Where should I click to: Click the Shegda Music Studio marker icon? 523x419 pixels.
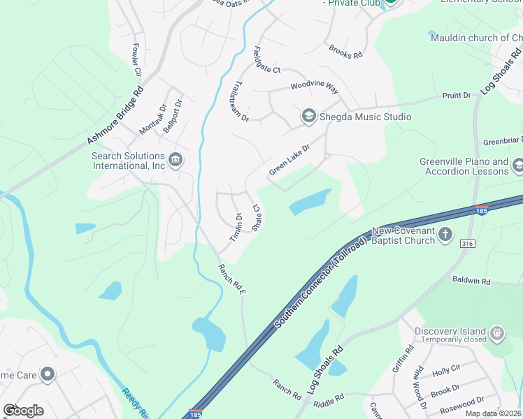tap(308, 116)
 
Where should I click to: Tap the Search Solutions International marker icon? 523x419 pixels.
tap(175, 161)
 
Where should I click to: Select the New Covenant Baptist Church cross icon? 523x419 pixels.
tap(445, 235)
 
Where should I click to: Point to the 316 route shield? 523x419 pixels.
tap(468, 243)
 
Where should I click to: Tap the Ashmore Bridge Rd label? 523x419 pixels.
tap(116, 116)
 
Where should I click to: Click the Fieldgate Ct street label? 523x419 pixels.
tap(266, 60)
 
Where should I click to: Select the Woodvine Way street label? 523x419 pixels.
tap(314, 89)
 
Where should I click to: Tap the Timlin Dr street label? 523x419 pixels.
tap(235, 228)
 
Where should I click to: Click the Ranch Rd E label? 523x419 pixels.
tap(233, 279)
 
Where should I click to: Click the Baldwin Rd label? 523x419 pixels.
tap(471, 281)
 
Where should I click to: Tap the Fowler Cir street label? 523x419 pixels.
tap(136, 61)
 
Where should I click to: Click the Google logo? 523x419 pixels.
tap(23, 410)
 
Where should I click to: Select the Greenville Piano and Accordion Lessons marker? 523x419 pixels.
tap(518, 166)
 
